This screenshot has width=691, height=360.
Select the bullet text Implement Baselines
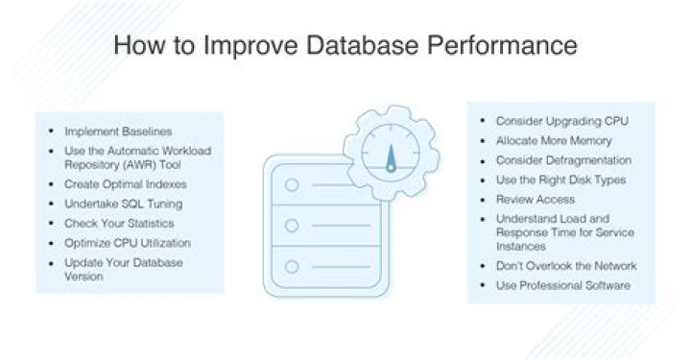tap(110, 131)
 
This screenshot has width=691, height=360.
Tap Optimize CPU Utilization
tap(128, 243)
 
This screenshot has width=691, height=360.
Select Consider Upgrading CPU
tap(549, 122)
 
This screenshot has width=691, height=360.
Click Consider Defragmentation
tap(550, 160)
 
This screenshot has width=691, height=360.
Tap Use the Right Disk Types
tap(547, 180)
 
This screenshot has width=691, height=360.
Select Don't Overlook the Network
tap(553, 265)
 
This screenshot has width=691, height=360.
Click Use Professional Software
tap(549, 285)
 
